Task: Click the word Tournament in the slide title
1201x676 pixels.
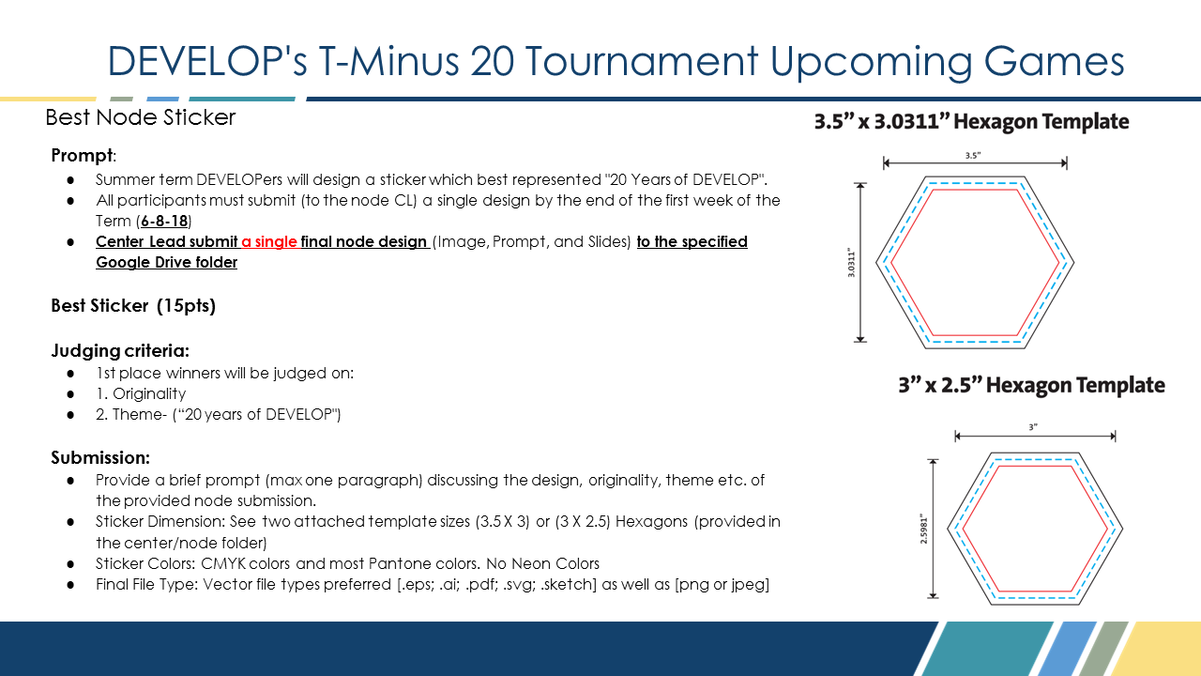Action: [x=641, y=61]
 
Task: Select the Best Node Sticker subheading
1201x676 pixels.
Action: [x=141, y=117]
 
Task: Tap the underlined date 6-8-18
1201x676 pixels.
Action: [x=164, y=221]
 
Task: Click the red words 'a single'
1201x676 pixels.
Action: [x=269, y=241]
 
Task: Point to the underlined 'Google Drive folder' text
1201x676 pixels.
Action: [x=167, y=262]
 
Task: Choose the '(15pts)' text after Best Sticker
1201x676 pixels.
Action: [x=186, y=305]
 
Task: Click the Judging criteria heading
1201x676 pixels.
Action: [x=120, y=350]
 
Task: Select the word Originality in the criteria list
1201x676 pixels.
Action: [x=149, y=393]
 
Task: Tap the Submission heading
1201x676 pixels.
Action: [x=100, y=457]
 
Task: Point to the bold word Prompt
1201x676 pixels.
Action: [x=82, y=155]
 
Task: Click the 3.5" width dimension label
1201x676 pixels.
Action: [x=973, y=156]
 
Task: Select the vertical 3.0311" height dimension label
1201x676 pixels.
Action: [x=851, y=262]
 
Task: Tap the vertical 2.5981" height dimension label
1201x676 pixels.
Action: [x=924, y=529]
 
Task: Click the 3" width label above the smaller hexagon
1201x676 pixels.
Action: [x=1033, y=427]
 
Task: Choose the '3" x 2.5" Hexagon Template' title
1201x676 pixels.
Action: [x=1031, y=385]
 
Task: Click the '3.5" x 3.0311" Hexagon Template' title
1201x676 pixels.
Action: [x=971, y=121]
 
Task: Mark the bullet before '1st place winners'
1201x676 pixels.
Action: [x=70, y=374]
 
